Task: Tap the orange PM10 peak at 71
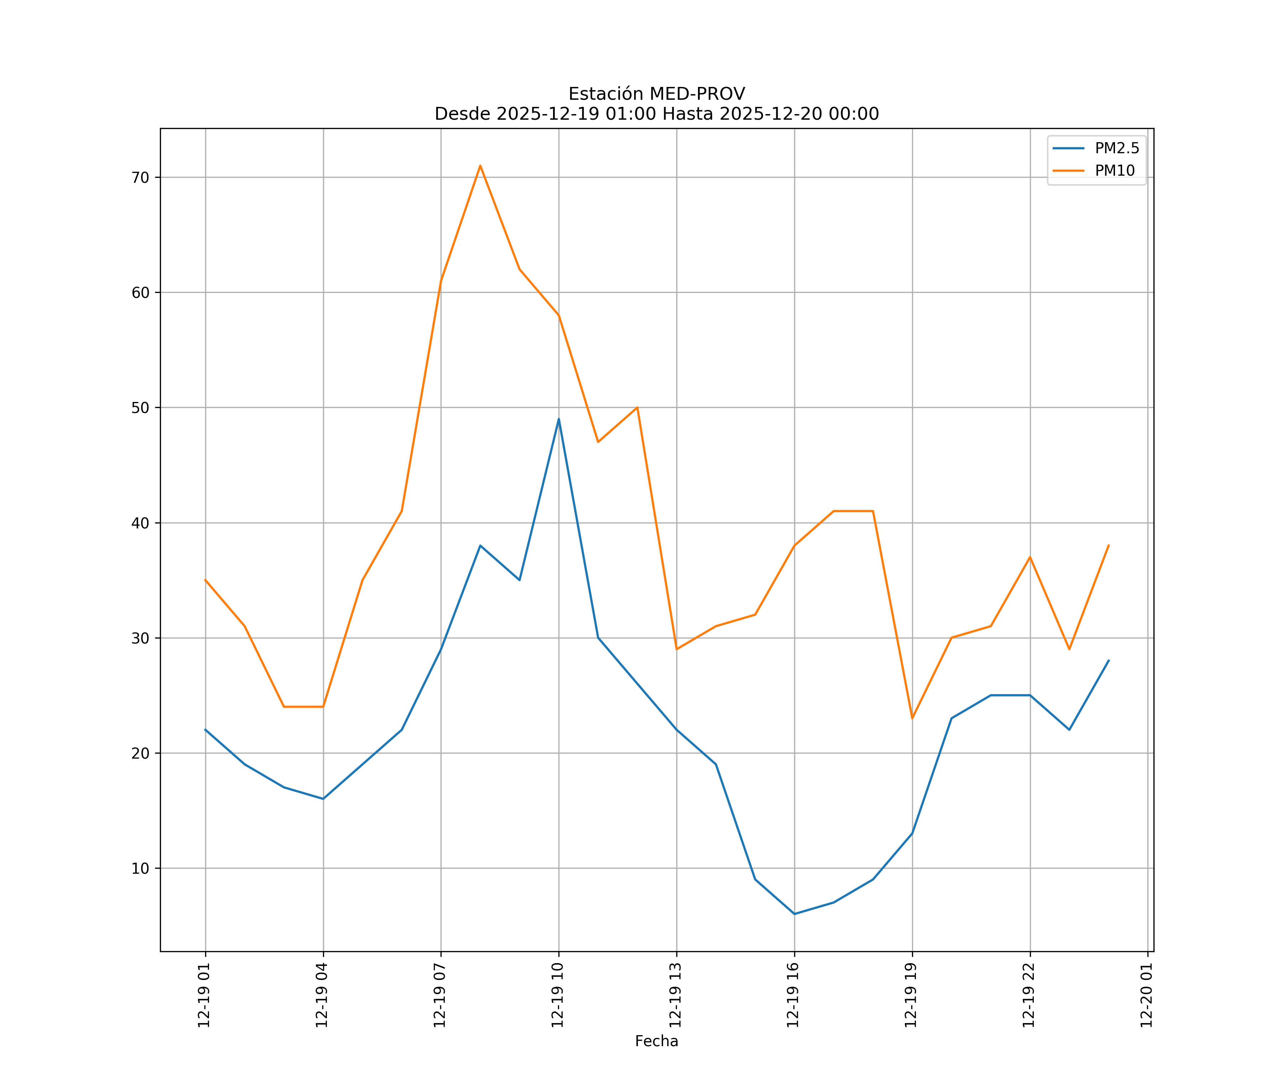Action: click(480, 166)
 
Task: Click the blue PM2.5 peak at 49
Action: click(559, 419)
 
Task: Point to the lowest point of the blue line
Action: click(794, 914)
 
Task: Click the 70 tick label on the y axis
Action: click(140, 178)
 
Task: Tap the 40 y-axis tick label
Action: click(140, 523)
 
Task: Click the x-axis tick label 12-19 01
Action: click(204, 995)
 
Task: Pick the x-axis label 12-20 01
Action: click(1146, 995)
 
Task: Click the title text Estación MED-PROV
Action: click(656, 94)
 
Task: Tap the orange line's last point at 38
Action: click(1109, 545)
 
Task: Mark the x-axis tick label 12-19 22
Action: click(1029, 995)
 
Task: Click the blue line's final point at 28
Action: click(1109, 660)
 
